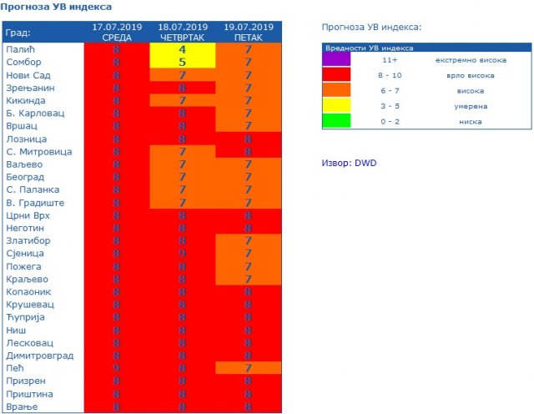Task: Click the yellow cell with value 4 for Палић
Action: click(182, 49)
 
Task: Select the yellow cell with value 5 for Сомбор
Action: click(182, 62)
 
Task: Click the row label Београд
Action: click(28, 177)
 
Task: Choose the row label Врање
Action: click(22, 406)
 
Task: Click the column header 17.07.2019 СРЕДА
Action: click(117, 33)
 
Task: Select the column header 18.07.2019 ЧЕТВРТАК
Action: click(182, 33)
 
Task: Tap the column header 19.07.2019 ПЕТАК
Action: click(249, 33)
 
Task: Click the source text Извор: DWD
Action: click(349, 162)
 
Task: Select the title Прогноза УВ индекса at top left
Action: click(57, 7)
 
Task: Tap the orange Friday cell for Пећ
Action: click(249, 368)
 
